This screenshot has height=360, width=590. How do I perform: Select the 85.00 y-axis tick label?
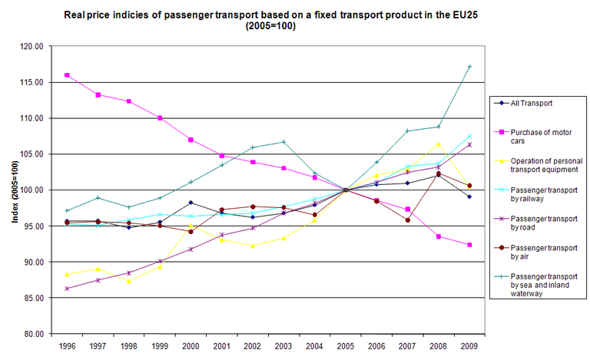[x=32, y=298]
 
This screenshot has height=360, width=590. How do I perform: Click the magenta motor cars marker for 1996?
[x=67, y=75]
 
